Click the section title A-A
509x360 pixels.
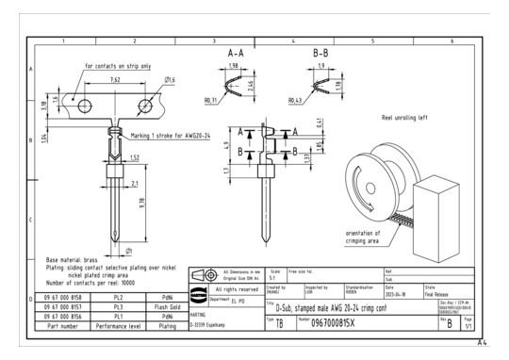coord(238,54)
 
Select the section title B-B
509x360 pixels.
coord(320,54)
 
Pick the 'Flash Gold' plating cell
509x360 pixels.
coord(168,306)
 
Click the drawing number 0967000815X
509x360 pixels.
coord(353,321)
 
